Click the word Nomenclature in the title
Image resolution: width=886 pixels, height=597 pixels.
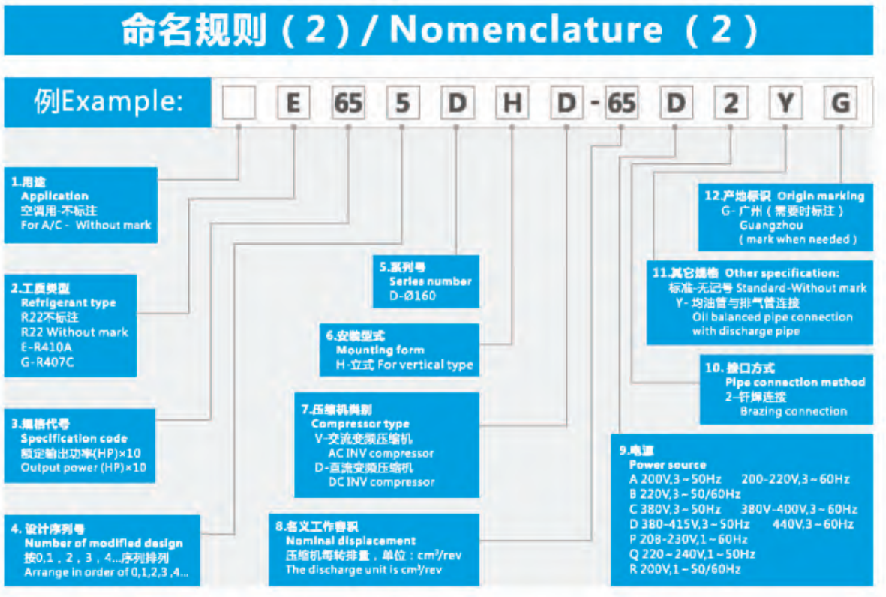tap(526, 30)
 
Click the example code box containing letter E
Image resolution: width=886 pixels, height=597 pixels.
tap(293, 103)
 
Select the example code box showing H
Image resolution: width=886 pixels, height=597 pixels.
tap(512, 103)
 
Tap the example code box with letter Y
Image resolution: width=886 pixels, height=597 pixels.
tap(785, 103)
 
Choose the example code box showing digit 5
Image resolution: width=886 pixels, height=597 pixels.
tap(403, 103)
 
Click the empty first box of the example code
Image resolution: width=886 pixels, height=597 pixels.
tap(238, 103)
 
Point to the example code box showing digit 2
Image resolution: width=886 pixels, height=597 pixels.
tap(731, 103)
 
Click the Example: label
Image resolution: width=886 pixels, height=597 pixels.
tap(108, 101)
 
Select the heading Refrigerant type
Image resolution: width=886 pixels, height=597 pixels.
tap(68, 303)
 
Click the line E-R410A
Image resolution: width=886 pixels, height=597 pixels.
tap(47, 347)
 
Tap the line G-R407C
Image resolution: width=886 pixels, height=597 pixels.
tap(48, 362)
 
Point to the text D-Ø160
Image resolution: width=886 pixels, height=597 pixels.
tap(412, 295)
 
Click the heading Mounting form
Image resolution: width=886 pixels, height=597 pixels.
tap(380, 350)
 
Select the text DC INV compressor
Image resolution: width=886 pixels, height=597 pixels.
tap(381, 482)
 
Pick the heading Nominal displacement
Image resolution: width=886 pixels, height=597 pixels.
tap(350, 541)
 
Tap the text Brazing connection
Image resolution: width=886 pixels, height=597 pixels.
tap(793, 411)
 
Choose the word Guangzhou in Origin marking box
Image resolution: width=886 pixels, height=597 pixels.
tap(771, 225)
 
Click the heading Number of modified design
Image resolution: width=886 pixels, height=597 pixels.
tap(104, 544)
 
